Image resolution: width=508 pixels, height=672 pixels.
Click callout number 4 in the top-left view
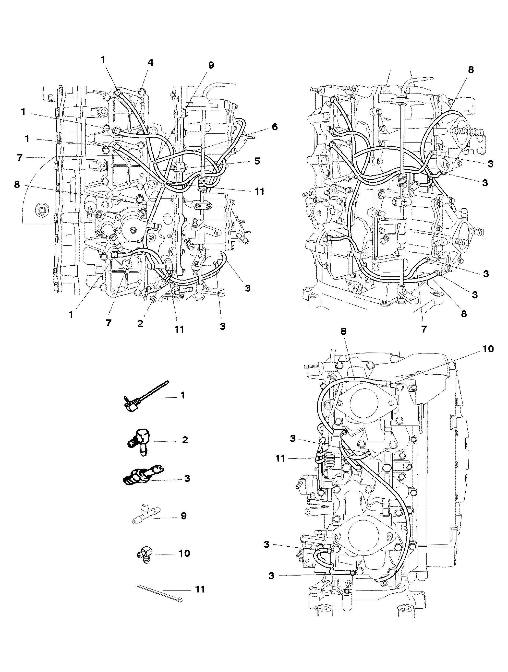tap(150, 63)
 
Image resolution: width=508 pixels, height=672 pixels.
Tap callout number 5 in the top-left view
tap(257, 161)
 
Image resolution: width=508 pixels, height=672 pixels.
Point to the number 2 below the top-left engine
tap(140, 324)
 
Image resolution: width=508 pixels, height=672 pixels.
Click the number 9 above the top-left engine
tap(211, 65)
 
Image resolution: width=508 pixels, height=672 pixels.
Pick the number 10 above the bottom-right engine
tap(488, 349)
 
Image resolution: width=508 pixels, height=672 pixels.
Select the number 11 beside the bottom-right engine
tap(280, 458)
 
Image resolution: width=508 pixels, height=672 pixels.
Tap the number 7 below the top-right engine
tap(424, 329)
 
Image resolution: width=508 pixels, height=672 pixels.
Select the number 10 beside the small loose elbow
tap(184, 554)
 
